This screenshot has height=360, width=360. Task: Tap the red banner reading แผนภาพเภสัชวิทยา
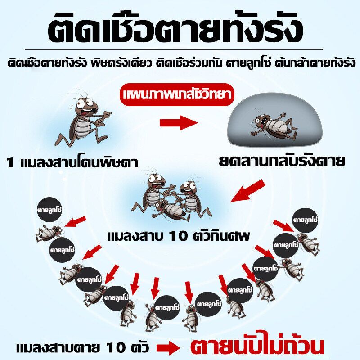[177, 94]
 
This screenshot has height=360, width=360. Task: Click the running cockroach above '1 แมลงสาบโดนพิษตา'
[83, 120]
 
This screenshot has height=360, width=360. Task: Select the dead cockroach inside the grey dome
[275, 126]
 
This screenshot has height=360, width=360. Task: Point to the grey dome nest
[275, 120]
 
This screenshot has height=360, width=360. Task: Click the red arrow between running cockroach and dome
[179, 123]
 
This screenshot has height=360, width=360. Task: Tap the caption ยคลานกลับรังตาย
[282, 160]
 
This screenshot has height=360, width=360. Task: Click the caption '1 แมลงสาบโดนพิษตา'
[72, 162]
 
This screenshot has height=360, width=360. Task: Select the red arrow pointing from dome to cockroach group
[248, 191]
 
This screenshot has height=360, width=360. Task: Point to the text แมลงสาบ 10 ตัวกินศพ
[178, 236]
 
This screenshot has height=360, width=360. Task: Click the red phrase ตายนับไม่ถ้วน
[257, 346]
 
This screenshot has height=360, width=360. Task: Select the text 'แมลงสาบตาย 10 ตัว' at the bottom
[83, 347]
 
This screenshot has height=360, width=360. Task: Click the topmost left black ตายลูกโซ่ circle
[49, 210]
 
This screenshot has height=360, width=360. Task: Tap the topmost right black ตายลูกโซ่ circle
[305, 220]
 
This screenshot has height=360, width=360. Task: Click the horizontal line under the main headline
[174, 49]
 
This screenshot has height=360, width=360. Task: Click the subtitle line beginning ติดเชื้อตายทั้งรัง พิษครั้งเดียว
[181, 63]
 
